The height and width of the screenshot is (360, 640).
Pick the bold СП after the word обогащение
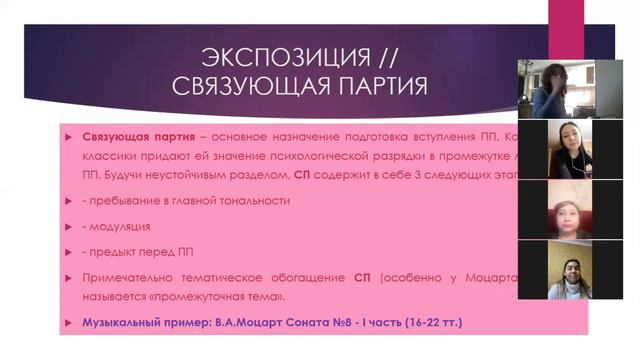363,276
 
